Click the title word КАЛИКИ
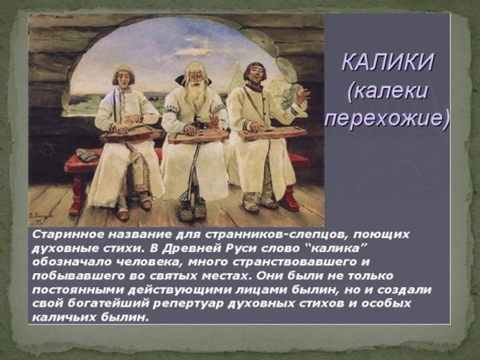pyautogui.click(x=388, y=62)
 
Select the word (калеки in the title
pyautogui.click(x=387, y=91)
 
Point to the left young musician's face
pyautogui.click(x=122, y=77)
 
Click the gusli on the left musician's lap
pyautogui.click(x=132, y=134)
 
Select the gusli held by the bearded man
pyautogui.click(x=198, y=136)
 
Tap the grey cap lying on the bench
pyautogui.click(x=86, y=154)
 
